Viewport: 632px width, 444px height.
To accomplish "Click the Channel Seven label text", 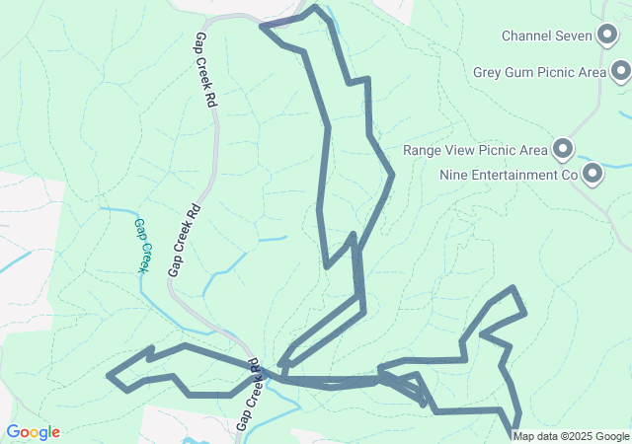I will pos(546,37).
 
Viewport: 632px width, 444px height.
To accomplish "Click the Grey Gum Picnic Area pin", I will pos(621,71).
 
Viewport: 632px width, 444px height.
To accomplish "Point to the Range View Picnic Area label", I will pos(475,151).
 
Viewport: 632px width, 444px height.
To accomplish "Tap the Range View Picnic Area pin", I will pos(563,150).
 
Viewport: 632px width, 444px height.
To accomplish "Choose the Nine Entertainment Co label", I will pos(508,176).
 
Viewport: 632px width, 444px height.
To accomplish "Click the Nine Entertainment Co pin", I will pos(592,175).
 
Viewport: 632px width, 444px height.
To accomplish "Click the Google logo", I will pos(33,432).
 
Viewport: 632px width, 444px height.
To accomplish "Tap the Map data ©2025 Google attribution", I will pos(571,436).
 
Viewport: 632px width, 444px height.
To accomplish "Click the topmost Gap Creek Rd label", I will pos(204,69).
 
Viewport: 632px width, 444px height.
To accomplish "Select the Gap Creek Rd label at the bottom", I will pos(248,395).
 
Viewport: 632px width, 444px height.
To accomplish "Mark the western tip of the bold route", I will pos(109,375).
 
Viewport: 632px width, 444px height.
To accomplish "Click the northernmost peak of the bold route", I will pos(315,7).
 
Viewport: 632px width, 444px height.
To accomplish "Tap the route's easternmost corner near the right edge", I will pos(524,313).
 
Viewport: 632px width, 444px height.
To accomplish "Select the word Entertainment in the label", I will pos(514,176).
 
